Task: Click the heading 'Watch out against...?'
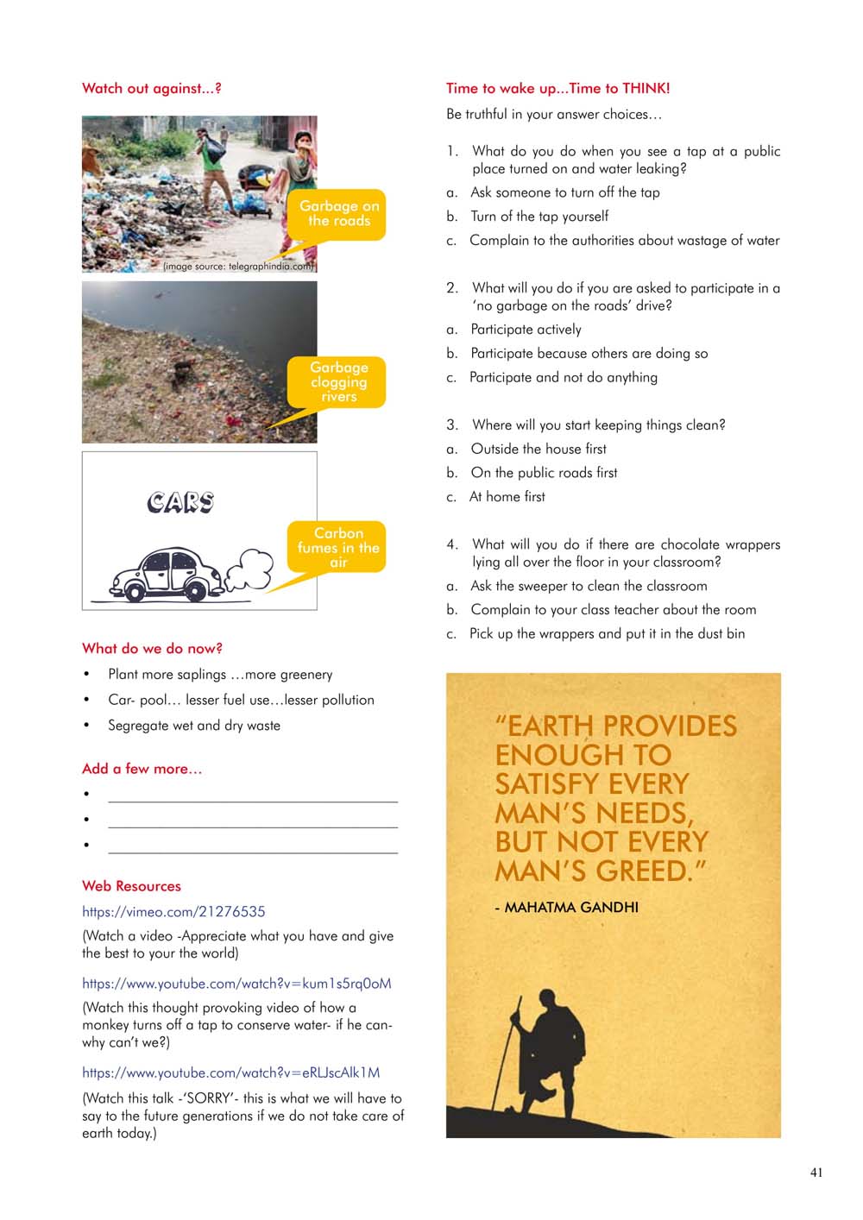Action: coord(151,88)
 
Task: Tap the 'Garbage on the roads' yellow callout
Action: coord(339,214)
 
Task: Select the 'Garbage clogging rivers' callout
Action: coord(339,381)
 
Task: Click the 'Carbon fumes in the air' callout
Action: coord(338,547)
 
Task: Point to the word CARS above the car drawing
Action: coord(180,502)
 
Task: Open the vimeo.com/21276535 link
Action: coord(173,911)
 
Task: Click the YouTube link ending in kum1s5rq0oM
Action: coord(236,983)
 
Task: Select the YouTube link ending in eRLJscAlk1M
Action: coord(230,1072)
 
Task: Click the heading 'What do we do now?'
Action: coord(152,648)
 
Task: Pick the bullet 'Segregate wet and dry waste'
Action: coord(193,726)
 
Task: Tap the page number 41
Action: coord(816,1172)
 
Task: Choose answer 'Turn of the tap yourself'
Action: coord(539,217)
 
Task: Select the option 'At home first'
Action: coord(507,497)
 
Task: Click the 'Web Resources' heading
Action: coord(131,886)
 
